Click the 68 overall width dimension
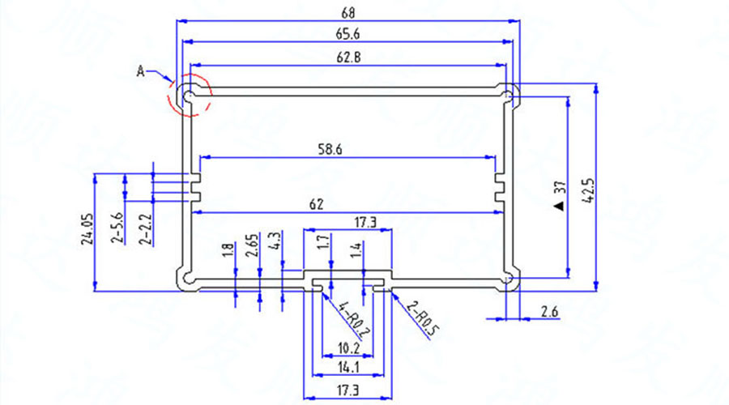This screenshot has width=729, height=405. (349, 12)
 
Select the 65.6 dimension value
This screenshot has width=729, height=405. (349, 33)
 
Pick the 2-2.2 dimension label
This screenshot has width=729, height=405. (145, 229)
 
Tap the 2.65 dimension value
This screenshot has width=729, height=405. (251, 246)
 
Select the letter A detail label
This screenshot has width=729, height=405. (140, 72)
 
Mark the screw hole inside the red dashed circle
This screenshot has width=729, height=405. (188, 96)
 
